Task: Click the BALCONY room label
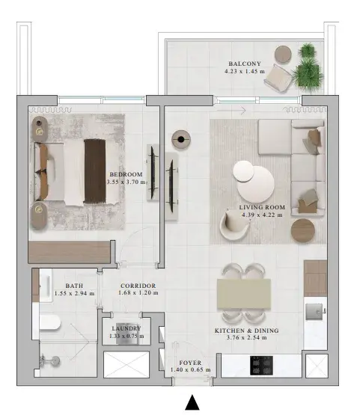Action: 245,64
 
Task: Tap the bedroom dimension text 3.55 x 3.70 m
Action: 126,182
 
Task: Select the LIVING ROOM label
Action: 262,207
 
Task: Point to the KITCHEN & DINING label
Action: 246,331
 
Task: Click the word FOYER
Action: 190,363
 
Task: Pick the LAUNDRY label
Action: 126,328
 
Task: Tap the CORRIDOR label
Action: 138,286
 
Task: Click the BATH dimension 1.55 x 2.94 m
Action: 74,293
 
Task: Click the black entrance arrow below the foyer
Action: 192,402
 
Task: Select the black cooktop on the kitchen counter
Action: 261,366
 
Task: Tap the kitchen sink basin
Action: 314,312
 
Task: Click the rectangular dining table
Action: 244,294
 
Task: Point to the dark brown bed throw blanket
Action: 95,171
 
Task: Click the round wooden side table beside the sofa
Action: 303,230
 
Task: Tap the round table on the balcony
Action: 283,55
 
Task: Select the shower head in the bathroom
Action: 55,360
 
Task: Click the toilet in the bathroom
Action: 50,322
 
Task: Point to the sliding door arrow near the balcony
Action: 231,110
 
